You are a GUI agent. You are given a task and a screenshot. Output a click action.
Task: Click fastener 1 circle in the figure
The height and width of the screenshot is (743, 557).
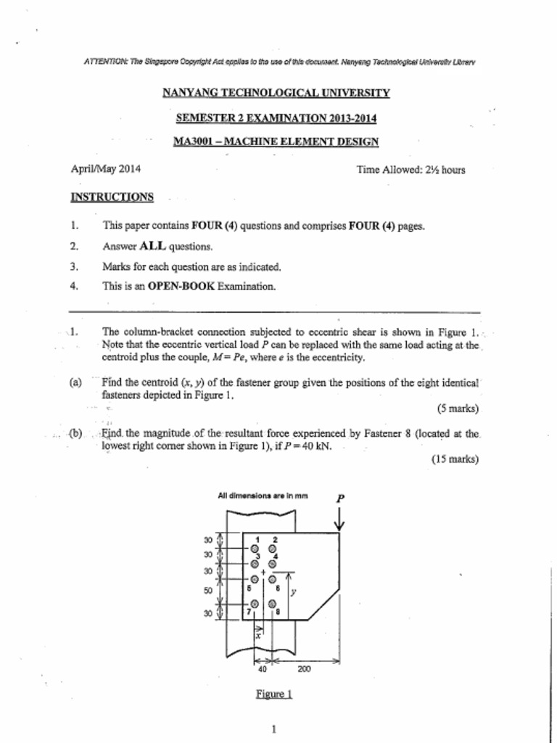coord(255,549)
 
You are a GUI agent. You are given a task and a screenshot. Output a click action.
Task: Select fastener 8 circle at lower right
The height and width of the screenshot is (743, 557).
coord(272,604)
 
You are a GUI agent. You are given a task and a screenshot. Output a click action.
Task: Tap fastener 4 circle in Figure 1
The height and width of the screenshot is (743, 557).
coord(272,563)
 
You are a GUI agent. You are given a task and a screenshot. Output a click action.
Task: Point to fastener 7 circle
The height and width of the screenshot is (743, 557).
coord(255,604)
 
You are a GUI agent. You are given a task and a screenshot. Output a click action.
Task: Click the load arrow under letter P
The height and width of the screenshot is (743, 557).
coord(340,521)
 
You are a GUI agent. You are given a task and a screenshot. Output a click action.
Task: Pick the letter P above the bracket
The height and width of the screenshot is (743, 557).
coord(340,498)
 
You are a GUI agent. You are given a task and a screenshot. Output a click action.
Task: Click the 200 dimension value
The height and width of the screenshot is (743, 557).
coord(304,669)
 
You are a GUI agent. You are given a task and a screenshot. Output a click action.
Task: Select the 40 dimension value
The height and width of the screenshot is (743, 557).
coord(262,669)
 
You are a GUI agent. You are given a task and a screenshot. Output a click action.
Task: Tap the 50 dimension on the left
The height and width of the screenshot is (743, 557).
coord(208,591)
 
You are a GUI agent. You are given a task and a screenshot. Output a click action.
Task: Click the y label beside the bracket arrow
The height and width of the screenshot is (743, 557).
coord(293,591)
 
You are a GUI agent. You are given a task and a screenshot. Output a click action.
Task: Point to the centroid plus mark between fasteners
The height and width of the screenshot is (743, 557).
coord(263,572)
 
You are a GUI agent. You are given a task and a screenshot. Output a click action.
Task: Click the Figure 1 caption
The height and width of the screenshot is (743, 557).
coord(273,694)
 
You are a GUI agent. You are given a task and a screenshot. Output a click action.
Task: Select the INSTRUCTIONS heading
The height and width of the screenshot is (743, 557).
coord(112,197)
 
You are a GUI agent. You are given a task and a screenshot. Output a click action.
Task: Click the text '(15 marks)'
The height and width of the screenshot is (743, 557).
coord(455,459)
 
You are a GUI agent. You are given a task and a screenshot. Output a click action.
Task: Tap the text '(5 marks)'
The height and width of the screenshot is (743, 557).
coord(458,408)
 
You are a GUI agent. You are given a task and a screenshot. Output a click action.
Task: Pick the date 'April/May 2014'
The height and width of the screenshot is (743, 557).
coord(105,169)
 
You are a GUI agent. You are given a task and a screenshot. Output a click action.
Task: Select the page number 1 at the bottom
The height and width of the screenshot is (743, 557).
coord(273,729)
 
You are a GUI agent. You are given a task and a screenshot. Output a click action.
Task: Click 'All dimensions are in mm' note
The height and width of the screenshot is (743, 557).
coord(263,496)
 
